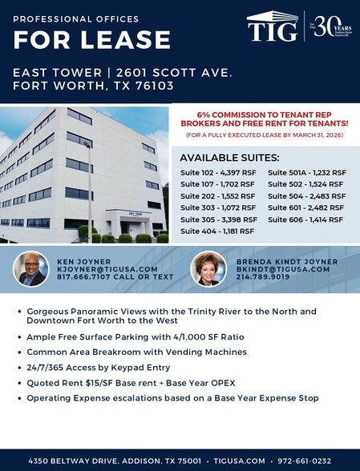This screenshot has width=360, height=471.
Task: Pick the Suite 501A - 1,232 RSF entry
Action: (x=306, y=172)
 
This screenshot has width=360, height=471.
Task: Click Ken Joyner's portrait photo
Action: (x=31, y=269)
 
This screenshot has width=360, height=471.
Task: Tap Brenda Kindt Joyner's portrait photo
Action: (x=208, y=269)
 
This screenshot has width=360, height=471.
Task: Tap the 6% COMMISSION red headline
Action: (x=263, y=119)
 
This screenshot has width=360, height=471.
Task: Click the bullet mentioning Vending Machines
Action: (x=136, y=352)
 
